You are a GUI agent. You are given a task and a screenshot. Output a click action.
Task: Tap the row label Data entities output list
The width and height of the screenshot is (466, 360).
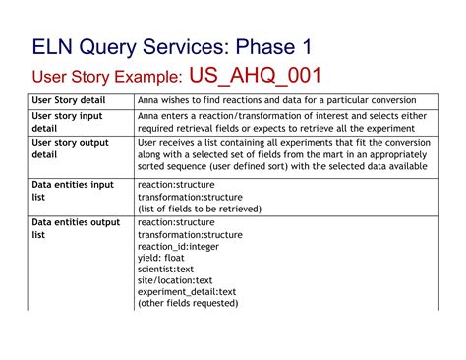click(75, 228)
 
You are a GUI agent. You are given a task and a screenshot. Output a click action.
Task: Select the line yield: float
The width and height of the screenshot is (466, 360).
click(161, 258)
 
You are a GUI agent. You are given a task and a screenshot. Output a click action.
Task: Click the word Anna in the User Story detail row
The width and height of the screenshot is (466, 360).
click(149, 100)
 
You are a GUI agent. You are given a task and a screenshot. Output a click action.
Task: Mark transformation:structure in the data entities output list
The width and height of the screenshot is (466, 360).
click(190, 235)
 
